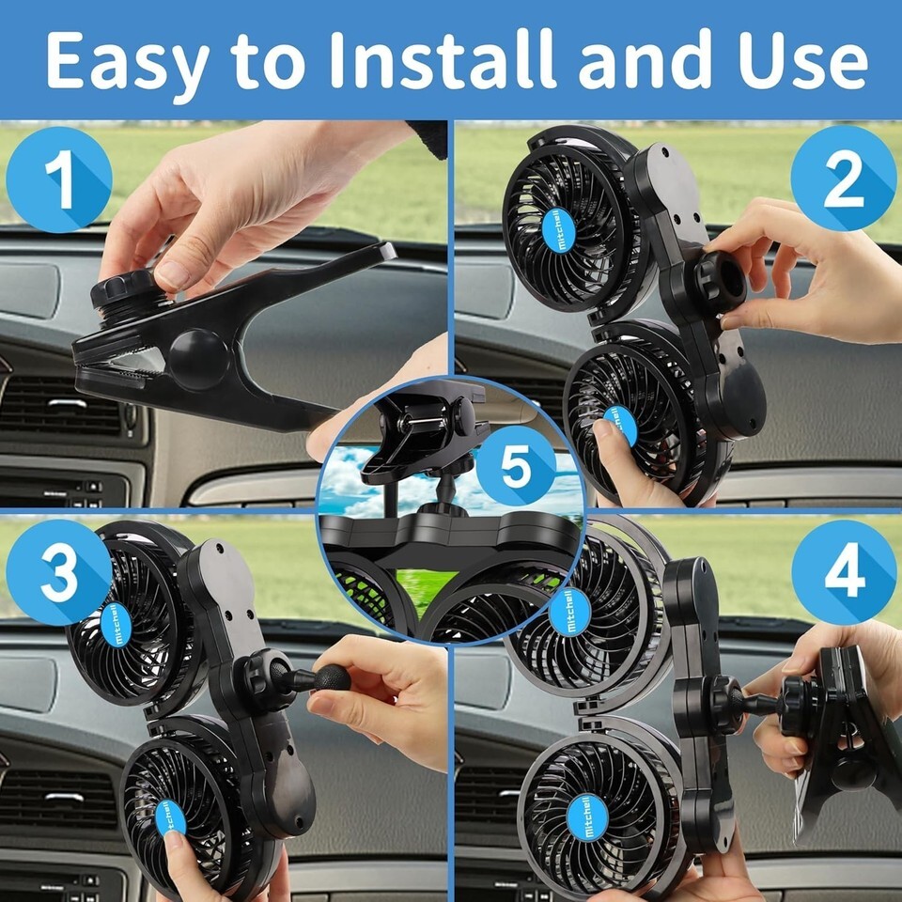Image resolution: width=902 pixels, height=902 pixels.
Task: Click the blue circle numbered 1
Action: tap(59, 179)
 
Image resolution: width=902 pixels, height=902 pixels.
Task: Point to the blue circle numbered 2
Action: tap(844, 179)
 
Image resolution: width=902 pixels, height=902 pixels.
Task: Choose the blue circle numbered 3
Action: tap(59, 572)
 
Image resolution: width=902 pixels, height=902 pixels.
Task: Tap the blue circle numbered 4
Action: tap(844, 573)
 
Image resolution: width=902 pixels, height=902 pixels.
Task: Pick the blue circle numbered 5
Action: tap(516, 466)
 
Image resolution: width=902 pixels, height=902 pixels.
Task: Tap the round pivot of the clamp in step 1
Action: tap(198, 359)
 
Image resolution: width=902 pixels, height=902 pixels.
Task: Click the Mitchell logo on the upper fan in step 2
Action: tap(558, 229)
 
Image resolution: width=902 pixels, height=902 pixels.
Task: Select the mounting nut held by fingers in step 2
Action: tap(722, 280)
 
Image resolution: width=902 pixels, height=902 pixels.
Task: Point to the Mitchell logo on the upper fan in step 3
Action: tap(117, 625)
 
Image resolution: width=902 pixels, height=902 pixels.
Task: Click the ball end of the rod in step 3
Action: tap(332, 677)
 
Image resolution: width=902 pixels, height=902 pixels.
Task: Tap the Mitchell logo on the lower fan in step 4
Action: tap(587, 817)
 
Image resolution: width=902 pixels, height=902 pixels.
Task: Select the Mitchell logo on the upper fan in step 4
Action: tap(570, 612)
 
